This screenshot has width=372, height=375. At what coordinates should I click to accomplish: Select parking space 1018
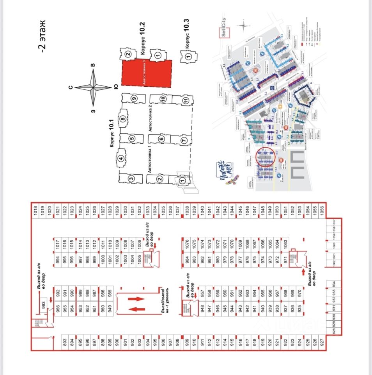click(x=35, y=209)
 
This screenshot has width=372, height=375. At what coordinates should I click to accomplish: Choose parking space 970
click(x=300, y=292)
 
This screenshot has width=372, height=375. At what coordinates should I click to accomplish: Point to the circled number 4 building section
click(x=121, y=159)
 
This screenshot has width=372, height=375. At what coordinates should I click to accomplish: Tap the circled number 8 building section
click(x=122, y=119)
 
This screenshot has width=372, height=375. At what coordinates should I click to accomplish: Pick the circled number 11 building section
click(x=186, y=100)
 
